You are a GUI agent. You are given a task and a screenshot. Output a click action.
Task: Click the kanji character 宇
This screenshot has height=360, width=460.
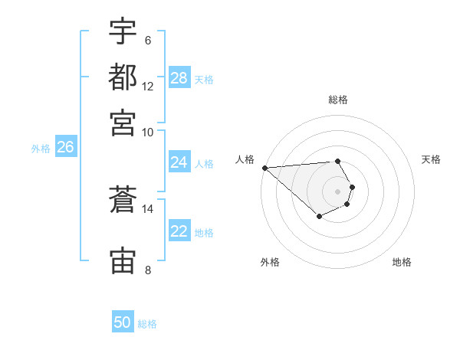coord(123,31)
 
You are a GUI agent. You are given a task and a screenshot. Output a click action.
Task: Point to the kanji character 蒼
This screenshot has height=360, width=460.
coord(123,201)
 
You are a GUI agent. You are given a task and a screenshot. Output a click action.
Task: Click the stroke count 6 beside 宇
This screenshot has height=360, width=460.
coord(148,40)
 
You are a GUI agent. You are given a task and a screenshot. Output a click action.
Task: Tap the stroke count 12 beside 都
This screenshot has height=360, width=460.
coord(148,86)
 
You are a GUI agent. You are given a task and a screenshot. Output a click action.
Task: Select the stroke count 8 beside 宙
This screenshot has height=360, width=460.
coord(148,269)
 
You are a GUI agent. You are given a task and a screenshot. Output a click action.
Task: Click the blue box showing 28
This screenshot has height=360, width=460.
coord(179,78)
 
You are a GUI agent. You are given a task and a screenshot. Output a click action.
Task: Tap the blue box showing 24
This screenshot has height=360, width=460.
coord(179,162)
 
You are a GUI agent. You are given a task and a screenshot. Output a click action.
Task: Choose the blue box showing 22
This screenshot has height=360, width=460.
coord(179,231)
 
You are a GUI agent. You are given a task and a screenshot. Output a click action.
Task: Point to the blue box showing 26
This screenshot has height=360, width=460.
coord(65,148)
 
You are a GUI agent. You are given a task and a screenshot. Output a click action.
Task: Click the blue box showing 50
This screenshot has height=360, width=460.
coord(123,322)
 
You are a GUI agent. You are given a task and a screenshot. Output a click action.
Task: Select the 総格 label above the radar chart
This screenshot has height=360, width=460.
coord(338,100)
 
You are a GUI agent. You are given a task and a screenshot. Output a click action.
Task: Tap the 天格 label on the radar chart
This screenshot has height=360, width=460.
coord(431,159)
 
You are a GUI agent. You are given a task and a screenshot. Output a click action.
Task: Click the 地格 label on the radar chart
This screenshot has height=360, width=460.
coord(402,262)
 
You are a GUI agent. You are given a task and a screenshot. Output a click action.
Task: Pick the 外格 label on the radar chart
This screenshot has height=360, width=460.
coord(270,262)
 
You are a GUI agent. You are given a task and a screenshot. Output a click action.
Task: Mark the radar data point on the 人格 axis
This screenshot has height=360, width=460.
coord(264,168)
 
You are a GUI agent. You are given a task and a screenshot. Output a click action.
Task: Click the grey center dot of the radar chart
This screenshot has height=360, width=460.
coord(338,191)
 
